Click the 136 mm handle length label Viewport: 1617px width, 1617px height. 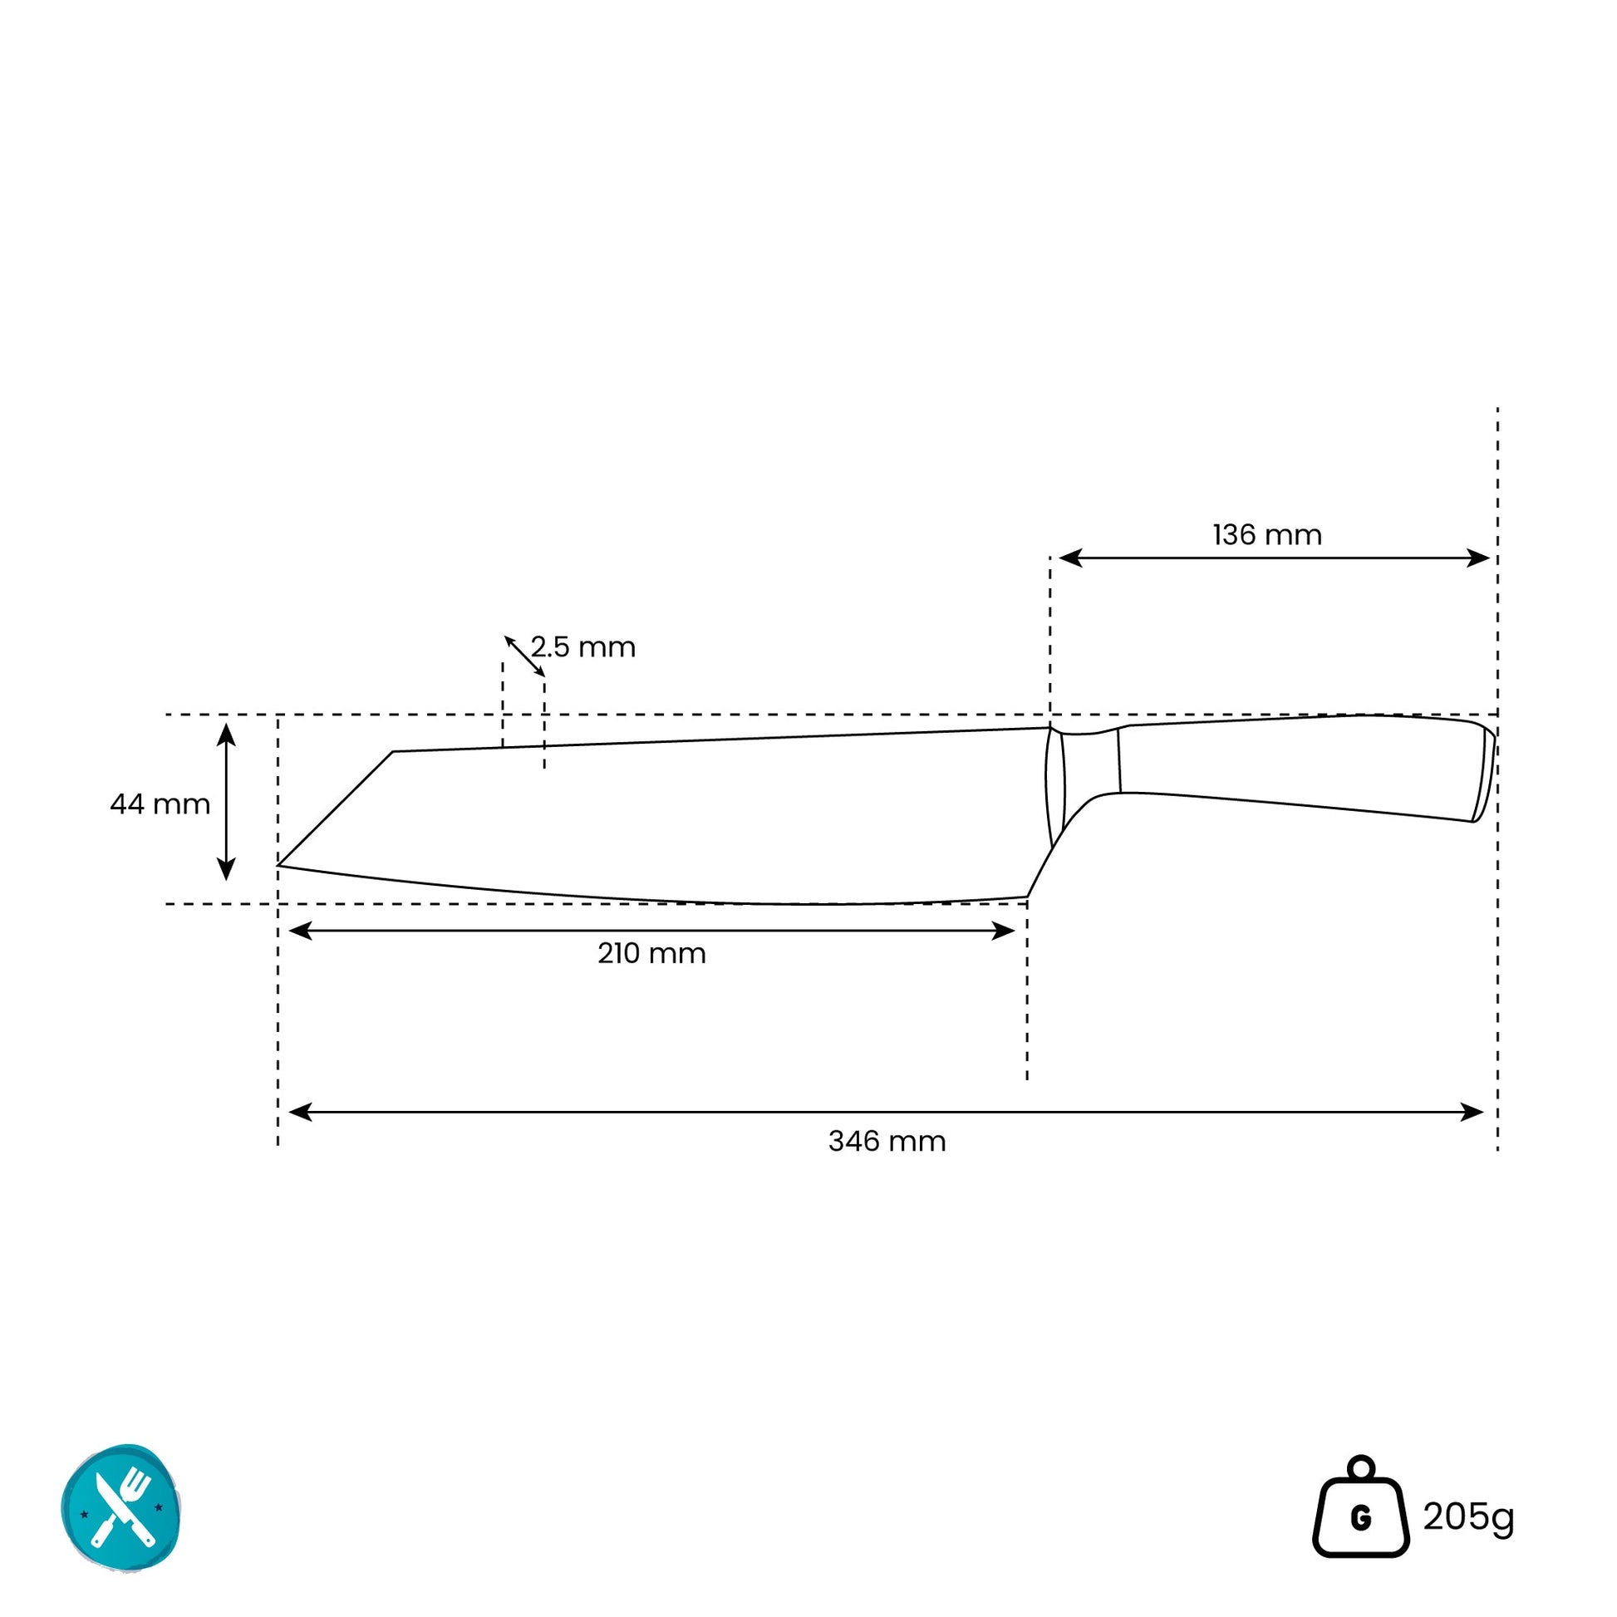pyautogui.click(x=1267, y=535)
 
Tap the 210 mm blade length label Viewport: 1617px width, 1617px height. pyautogui.click(x=652, y=953)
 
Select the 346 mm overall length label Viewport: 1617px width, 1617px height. pyautogui.click(x=887, y=1141)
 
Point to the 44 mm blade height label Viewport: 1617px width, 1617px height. pyautogui.click(x=160, y=804)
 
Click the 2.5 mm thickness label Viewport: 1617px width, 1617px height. pyautogui.click(x=583, y=647)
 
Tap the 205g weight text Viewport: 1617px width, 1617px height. pyautogui.click(x=1469, y=1516)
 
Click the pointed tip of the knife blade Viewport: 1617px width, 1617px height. pyautogui.click(x=278, y=864)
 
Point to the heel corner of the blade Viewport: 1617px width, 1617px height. pyautogui.click(x=1027, y=897)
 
